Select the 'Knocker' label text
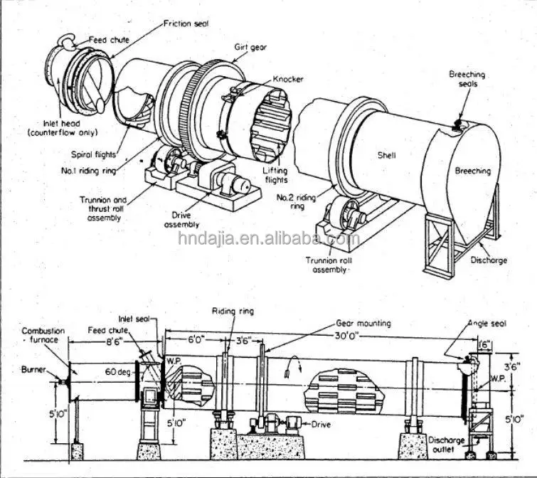coord(288,79)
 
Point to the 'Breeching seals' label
coord(467,78)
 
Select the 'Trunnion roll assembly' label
coord(328,265)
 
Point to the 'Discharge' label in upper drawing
coord(489,260)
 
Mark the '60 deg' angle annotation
coord(118,371)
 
